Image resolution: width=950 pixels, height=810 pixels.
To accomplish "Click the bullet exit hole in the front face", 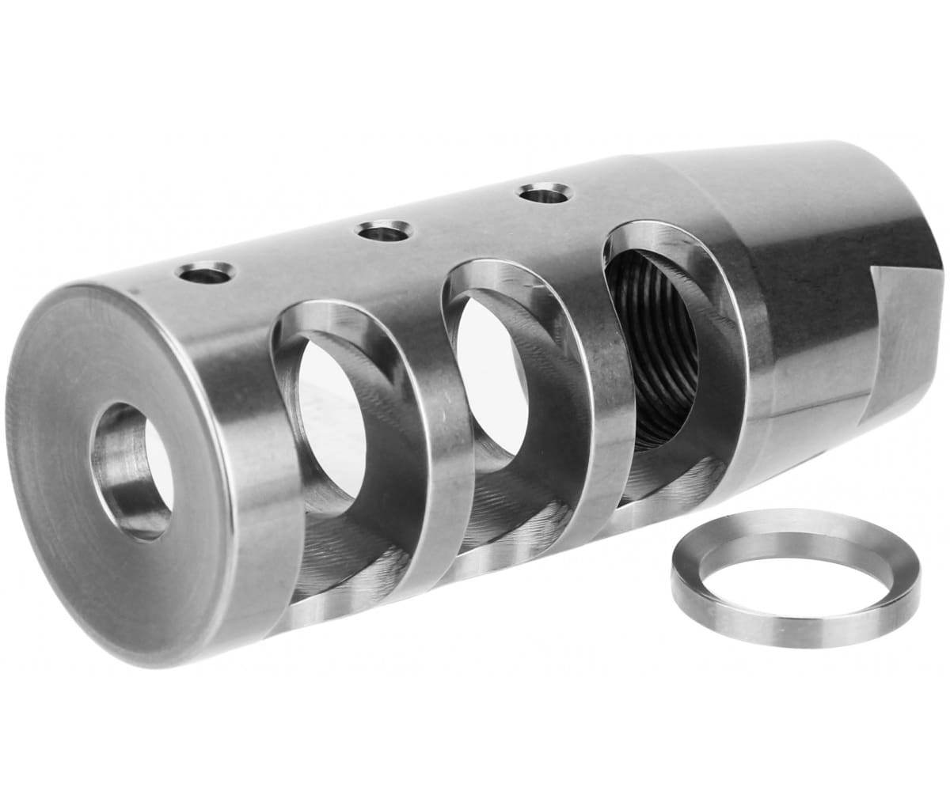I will [x=133, y=471].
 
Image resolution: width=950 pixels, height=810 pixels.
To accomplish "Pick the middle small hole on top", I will [x=385, y=232].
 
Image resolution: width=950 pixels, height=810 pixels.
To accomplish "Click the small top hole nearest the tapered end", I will [x=545, y=192].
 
